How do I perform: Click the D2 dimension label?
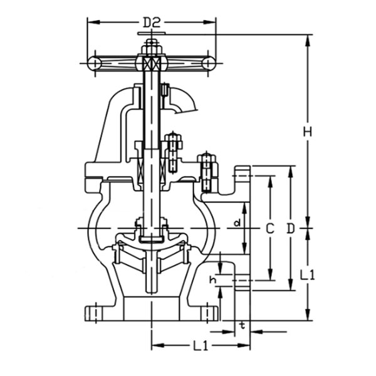click(152, 23)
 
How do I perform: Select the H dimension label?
click(308, 132)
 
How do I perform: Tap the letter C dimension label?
click(270, 228)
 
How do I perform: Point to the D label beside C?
click(290, 228)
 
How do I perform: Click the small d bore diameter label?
click(237, 223)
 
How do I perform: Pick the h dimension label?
click(212, 280)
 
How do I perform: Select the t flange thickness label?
click(243, 325)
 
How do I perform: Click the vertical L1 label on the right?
click(308, 275)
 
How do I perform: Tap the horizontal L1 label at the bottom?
click(201, 346)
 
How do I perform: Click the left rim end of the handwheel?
click(94, 63)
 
